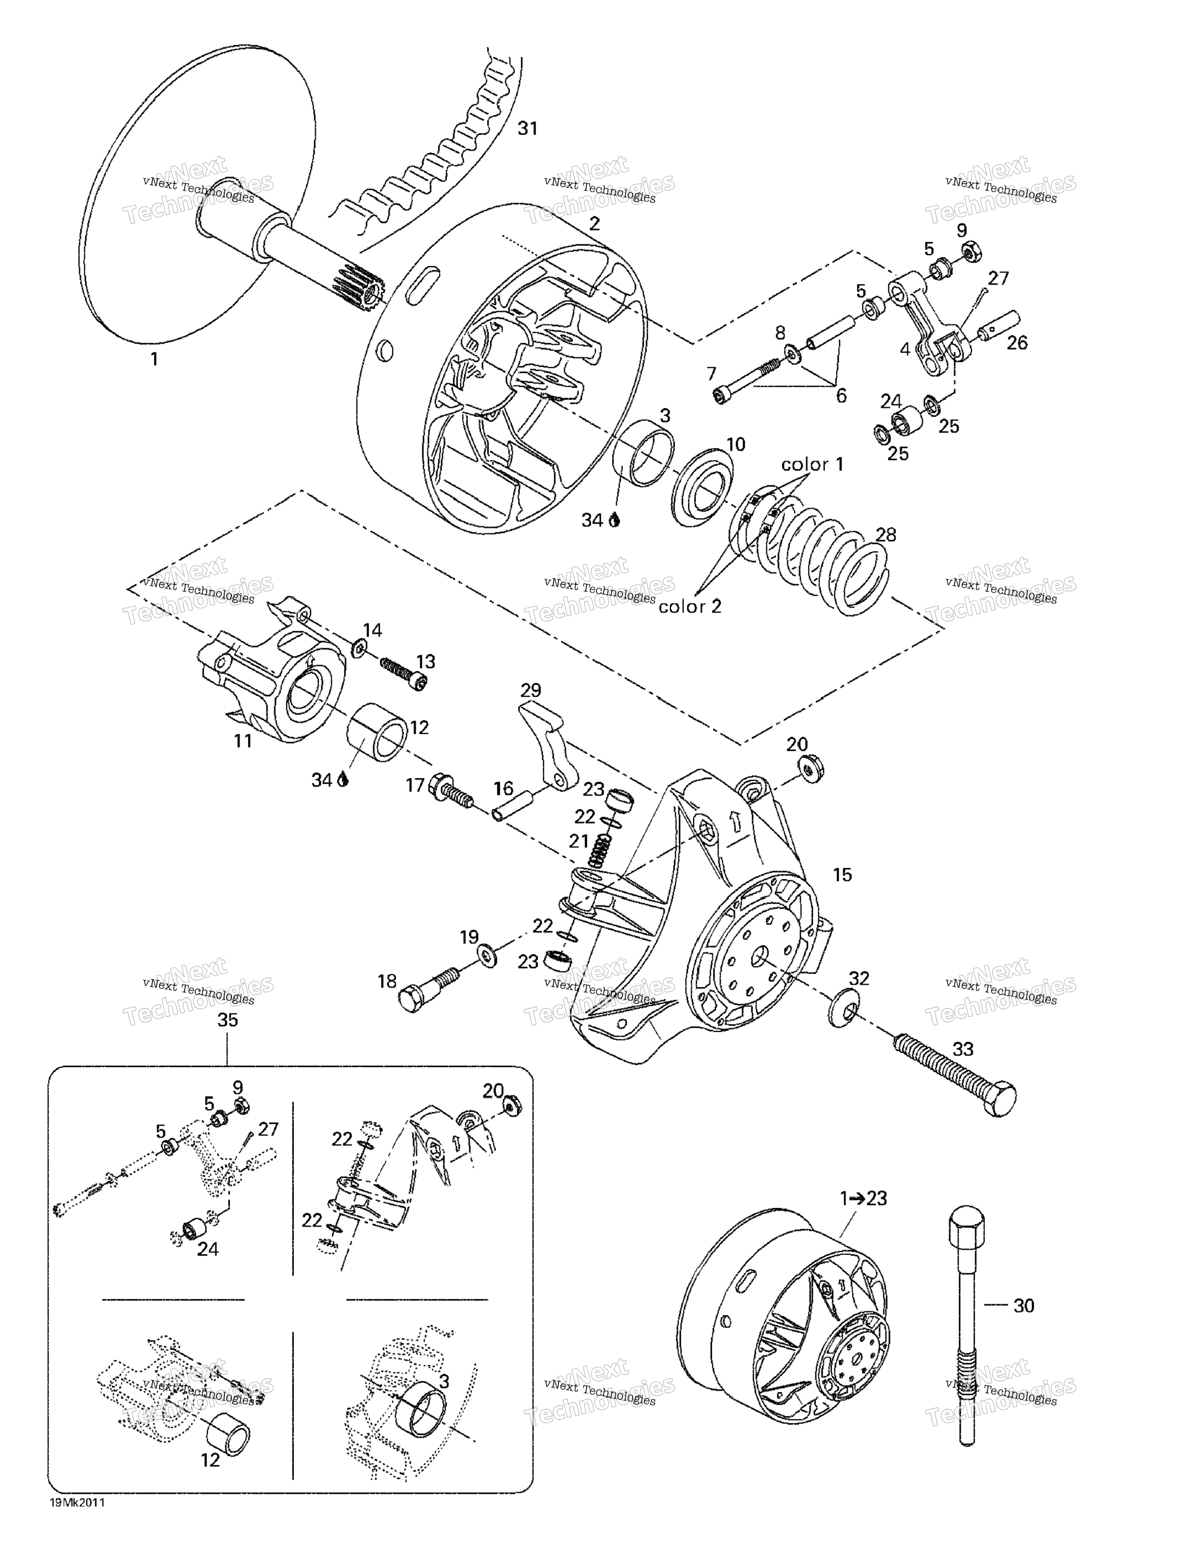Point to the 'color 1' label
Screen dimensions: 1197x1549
pos(813,465)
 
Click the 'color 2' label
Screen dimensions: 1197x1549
pos(689,607)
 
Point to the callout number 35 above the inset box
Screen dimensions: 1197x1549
pos(227,1020)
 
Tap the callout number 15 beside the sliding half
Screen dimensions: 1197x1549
pos(842,874)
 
